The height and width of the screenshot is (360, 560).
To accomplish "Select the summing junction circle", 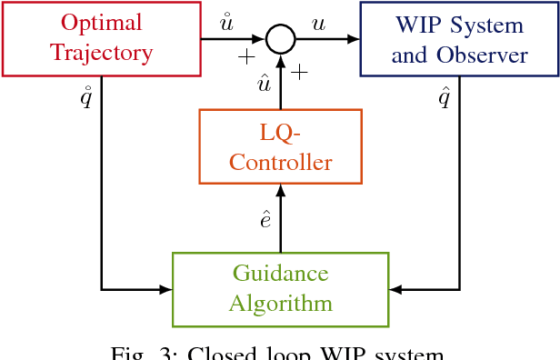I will click(281, 39).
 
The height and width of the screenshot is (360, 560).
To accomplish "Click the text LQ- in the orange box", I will click(280, 132).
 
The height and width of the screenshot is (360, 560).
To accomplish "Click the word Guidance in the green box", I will click(280, 274).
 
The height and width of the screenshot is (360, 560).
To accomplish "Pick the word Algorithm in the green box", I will click(280, 304).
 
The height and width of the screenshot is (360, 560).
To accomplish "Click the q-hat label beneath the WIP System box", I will click(445, 96).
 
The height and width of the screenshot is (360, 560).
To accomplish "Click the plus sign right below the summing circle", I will click(299, 71).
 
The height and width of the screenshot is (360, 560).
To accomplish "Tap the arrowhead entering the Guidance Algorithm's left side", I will click(166, 289).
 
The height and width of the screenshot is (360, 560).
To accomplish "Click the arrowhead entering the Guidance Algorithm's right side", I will click(395, 289).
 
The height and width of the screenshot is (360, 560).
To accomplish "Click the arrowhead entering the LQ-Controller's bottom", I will click(281, 189).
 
